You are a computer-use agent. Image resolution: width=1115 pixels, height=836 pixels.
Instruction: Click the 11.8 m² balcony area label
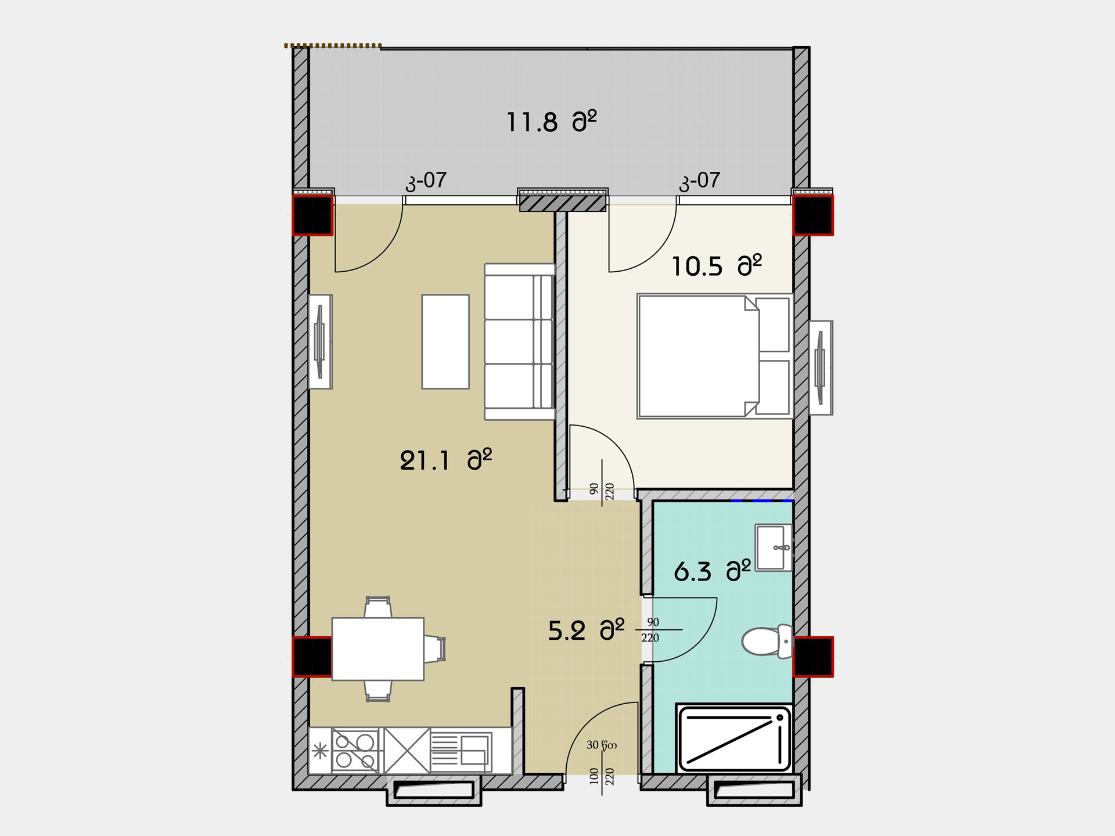551,121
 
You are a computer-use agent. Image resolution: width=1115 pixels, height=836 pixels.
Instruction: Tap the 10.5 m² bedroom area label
717,266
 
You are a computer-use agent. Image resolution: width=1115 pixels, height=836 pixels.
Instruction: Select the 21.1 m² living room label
446,460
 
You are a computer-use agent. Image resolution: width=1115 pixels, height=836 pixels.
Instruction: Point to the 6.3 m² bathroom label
712,571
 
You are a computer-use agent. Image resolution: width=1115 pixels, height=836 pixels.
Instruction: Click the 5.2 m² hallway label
587,630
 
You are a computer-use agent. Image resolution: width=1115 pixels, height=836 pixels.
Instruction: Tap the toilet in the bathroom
767,641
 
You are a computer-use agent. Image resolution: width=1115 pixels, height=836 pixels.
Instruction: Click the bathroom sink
774,547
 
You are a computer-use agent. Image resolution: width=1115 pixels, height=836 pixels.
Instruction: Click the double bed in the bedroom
715,356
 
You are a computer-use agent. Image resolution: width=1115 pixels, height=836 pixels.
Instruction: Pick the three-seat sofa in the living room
520,341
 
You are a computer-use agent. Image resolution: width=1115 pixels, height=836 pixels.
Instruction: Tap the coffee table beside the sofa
445,341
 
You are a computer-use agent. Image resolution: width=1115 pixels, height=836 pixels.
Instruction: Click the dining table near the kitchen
377,649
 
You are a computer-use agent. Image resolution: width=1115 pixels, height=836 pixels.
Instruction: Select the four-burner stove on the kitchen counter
355,751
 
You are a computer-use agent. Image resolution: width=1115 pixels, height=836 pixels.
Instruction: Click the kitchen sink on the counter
461,751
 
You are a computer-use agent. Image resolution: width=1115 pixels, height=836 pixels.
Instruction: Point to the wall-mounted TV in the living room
320,341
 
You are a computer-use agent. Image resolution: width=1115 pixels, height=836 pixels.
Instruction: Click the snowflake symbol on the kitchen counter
319,752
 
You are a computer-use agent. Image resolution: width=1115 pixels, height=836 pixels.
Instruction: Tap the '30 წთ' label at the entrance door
602,745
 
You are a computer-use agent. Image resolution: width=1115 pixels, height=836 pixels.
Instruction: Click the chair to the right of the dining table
434,649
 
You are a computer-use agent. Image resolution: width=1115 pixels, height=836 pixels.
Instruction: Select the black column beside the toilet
813,657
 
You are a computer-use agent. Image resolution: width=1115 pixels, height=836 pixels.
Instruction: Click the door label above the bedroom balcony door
700,181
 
